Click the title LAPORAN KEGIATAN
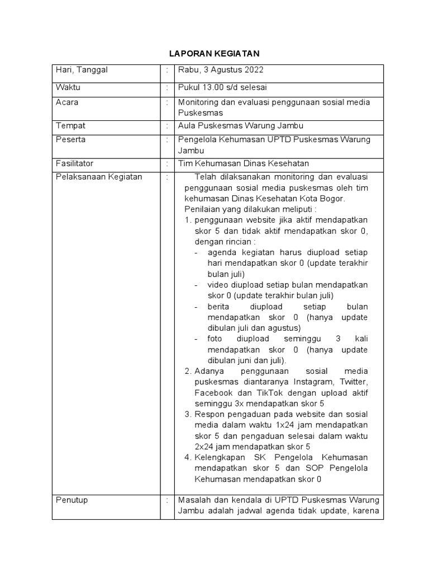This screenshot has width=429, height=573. click(x=214, y=54)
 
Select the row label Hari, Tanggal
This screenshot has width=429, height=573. click(x=81, y=70)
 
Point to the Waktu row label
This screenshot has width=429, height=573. click(x=68, y=87)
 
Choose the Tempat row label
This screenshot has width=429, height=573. click(x=69, y=126)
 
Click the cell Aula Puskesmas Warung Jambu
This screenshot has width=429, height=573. click(x=232, y=126)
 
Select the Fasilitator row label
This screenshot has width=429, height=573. click(x=74, y=163)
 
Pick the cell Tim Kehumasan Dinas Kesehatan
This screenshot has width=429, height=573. click(x=243, y=163)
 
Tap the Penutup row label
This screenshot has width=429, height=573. click(x=71, y=500)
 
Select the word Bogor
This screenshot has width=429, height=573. click(x=333, y=199)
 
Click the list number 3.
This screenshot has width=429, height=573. click(x=188, y=414)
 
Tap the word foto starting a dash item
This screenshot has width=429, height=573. click(x=214, y=339)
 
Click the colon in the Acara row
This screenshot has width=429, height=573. click(x=167, y=102)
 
